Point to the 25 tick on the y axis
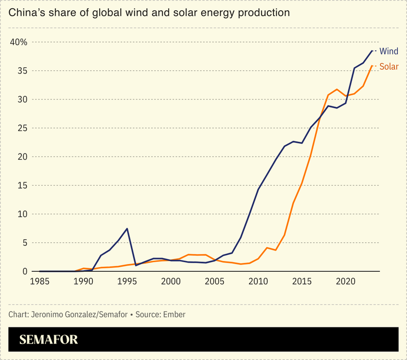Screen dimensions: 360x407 pyautogui.click(x=21, y=128)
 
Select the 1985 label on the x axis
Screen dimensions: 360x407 pyautogui.click(x=40, y=281)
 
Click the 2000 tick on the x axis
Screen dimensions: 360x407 pyautogui.click(x=171, y=281)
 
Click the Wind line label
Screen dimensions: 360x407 pyautogui.click(x=389, y=51)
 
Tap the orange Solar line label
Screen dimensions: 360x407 pyautogui.click(x=389, y=67)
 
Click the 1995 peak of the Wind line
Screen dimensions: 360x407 pyautogui.click(x=127, y=228)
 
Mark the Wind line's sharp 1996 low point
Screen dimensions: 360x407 pyautogui.click(x=136, y=265)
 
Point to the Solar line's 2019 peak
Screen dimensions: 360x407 pyautogui.click(x=337, y=89)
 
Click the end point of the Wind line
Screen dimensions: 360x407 pyautogui.click(x=372, y=50)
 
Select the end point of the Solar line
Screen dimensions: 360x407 pyautogui.click(x=372, y=66)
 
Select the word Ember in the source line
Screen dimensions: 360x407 pyautogui.click(x=174, y=315)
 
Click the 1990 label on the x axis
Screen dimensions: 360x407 pyautogui.click(x=84, y=281)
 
